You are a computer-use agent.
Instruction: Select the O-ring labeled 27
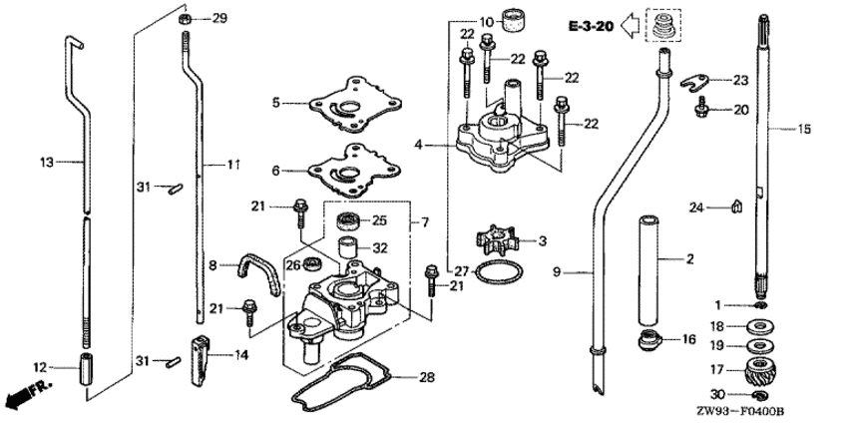[497, 272]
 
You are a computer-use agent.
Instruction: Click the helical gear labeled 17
[761, 380]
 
